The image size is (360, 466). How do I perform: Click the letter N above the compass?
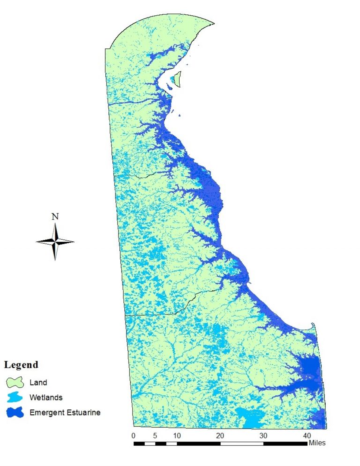point(55,217)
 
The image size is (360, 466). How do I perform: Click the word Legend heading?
point(21,365)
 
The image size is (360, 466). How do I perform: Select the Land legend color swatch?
point(15,382)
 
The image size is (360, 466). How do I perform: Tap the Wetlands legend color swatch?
point(15,398)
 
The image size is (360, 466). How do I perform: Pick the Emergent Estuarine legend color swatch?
point(15,413)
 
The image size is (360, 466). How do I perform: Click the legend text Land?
point(38,383)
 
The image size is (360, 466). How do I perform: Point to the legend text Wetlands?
point(45,398)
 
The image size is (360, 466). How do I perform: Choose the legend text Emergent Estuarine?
point(65,413)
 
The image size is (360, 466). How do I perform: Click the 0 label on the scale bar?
point(134,436)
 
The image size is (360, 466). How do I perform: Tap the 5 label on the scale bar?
point(155,436)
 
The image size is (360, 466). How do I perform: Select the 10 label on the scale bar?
point(177,436)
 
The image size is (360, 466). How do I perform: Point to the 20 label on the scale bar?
point(220,436)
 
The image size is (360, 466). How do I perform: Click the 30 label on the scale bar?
point(263,436)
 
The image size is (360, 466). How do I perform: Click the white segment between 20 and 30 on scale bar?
point(242,443)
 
